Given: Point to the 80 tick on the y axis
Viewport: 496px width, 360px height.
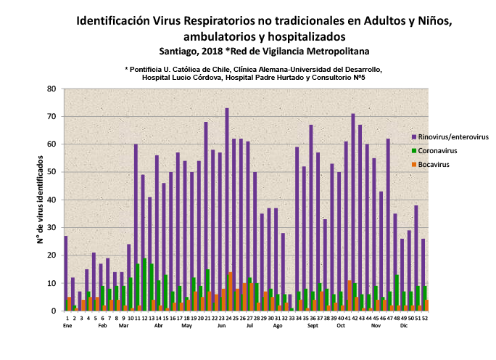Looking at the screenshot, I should [51, 89].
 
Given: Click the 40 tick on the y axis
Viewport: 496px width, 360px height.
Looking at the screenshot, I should [51, 200].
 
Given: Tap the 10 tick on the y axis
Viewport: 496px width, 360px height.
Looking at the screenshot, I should [51, 283].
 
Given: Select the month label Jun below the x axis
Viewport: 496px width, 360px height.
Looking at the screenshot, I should [221, 326].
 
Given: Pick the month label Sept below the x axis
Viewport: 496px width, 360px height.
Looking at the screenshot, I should [313, 326].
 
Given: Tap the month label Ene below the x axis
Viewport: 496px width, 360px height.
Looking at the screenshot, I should [67, 326].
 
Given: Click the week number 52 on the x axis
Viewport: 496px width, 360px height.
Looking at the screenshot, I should [424, 318].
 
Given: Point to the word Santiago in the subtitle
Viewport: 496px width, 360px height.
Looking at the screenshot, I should [179, 51].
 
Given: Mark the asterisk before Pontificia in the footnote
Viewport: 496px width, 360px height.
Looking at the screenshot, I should [126, 68].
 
